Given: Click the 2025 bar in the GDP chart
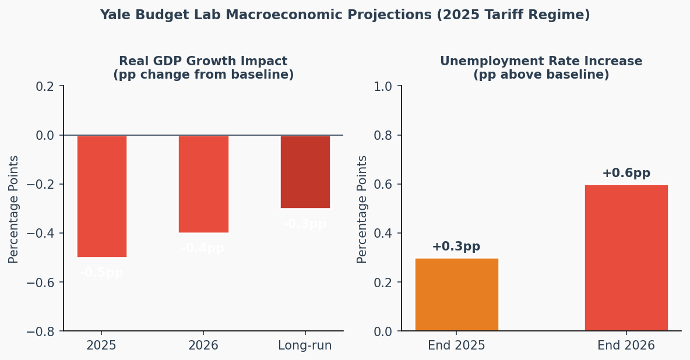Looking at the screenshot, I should [101, 196].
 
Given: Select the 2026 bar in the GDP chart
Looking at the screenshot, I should [203, 184].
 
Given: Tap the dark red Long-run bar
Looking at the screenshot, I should [305, 172].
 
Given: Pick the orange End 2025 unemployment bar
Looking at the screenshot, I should [456, 294].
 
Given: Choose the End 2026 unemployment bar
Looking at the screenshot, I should [626, 257].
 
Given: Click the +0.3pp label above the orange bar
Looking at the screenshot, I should [456, 246].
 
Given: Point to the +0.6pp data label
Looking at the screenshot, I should [626, 173].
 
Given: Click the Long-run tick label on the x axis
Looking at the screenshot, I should [305, 345].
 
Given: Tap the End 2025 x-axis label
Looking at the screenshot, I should [456, 345].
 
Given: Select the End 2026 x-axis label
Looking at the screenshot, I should [626, 345].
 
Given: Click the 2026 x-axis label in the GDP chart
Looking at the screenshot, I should [203, 345].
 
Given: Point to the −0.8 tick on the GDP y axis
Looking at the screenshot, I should [40, 331].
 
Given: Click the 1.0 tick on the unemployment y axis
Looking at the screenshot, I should [385, 86].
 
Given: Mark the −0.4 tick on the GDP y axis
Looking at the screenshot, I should [40, 234].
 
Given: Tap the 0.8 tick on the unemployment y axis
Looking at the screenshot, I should [385, 135].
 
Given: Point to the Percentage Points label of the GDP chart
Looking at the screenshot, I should [14, 209].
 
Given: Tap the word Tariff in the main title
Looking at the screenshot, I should [505, 15].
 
